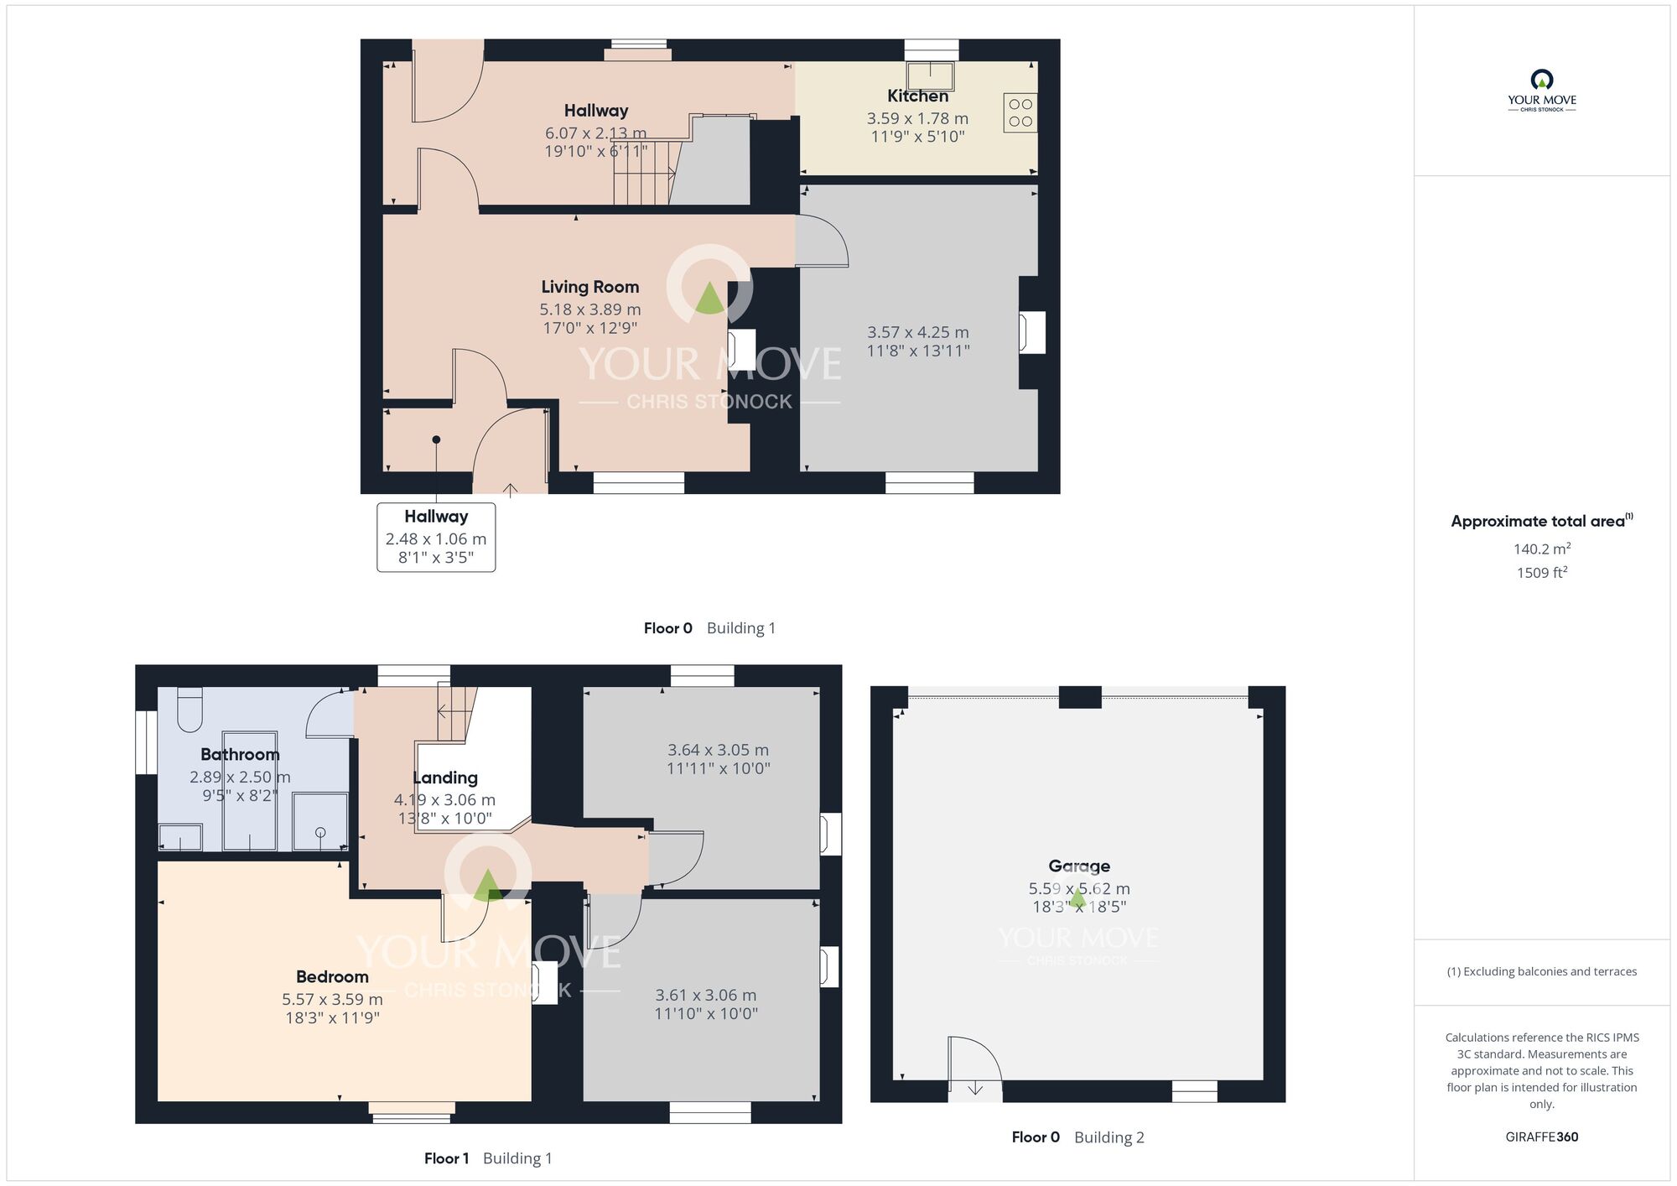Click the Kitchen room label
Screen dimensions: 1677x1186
click(x=918, y=96)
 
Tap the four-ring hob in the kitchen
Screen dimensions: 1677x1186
click(x=1020, y=112)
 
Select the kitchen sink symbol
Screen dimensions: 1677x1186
click(x=931, y=75)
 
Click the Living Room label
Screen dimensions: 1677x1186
click(x=590, y=287)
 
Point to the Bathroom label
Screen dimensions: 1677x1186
click(x=240, y=754)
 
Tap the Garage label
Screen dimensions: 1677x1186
click(x=1079, y=866)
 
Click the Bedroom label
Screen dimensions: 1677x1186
click(x=332, y=976)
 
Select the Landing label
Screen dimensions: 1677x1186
click(x=445, y=778)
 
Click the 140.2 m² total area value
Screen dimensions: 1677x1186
click(x=1542, y=549)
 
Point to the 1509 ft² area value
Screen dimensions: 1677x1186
click(x=1542, y=573)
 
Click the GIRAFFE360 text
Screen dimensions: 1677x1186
click(x=1542, y=1137)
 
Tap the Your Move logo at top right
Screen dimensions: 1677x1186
click(x=1542, y=91)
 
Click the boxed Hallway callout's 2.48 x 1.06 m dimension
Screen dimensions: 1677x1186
click(x=436, y=539)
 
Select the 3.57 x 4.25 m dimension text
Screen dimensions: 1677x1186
click(x=918, y=332)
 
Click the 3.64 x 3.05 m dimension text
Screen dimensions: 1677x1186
click(x=718, y=750)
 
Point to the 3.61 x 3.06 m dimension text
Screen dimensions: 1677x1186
click(x=706, y=995)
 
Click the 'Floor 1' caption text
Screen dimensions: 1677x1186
click(x=446, y=1158)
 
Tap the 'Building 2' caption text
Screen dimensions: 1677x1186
click(x=1109, y=1137)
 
